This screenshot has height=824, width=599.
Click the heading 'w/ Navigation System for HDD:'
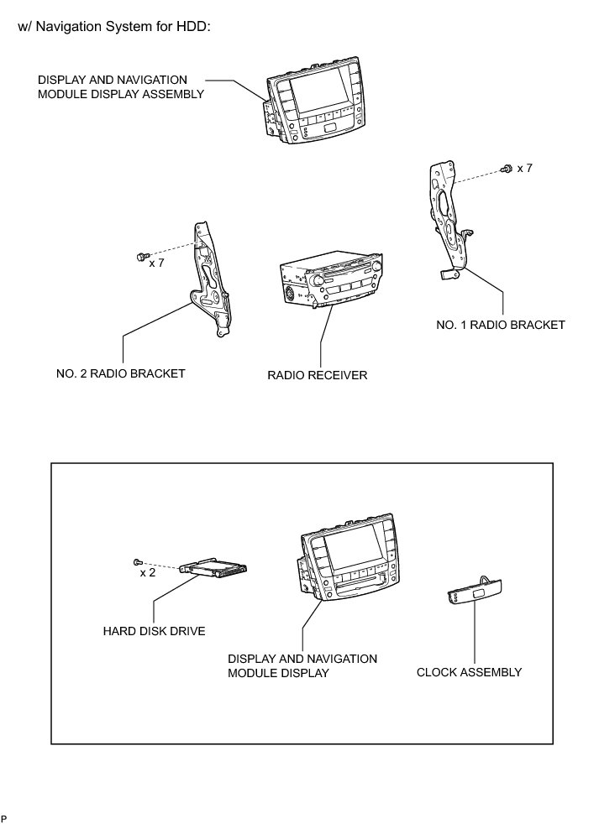coord(113,27)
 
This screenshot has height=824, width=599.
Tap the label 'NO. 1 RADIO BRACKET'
coord(501,324)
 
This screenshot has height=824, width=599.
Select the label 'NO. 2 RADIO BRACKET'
coord(121,373)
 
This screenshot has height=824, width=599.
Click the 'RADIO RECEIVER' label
coord(318,375)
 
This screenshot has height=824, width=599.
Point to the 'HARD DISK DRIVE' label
coord(154,630)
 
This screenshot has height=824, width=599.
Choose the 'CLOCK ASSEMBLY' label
coord(469,672)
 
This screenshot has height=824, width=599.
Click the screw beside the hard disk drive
coord(136,561)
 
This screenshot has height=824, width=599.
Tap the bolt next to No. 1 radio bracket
coord(506,169)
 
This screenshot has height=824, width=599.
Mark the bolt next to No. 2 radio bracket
coord(140,255)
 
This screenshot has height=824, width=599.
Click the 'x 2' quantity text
coord(147,573)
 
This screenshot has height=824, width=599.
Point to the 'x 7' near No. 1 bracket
coord(524,169)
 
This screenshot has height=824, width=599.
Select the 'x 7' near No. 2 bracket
coord(156,263)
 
